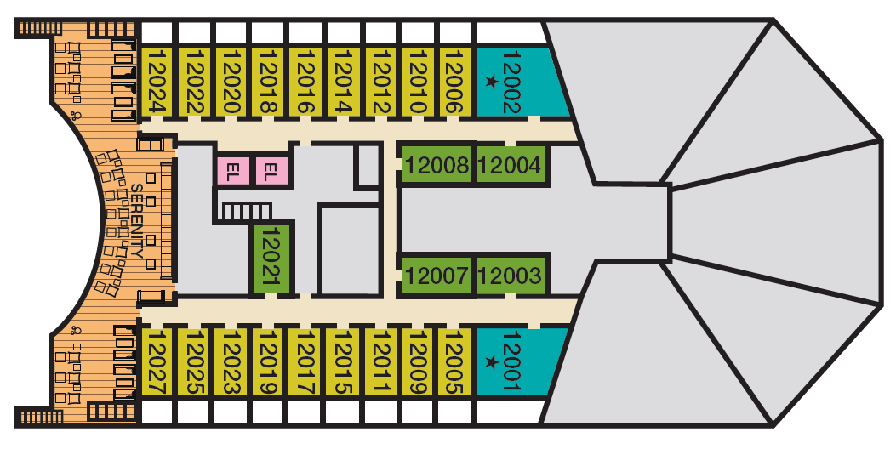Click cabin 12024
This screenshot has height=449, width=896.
(156, 82)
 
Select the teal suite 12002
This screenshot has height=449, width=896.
(520, 82)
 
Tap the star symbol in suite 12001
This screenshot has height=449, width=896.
(491, 361)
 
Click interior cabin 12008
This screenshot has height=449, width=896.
(437, 165)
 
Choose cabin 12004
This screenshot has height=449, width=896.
(510, 165)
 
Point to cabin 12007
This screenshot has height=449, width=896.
(437, 276)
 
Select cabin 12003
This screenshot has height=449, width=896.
(510, 276)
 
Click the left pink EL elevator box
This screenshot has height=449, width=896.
(233, 170)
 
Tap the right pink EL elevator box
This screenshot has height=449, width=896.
(271, 170)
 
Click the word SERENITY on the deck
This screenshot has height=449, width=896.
(137, 221)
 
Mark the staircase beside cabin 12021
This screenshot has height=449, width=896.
(246, 213)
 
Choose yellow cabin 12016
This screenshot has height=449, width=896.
(304, 82)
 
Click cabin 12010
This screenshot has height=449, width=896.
(417, 82)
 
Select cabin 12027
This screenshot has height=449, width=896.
(156, 361)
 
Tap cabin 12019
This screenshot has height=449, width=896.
(267, 361)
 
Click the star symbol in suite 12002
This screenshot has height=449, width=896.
(491, 82)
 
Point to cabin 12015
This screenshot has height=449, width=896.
(342, 361)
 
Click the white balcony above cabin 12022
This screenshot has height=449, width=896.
(194, 32)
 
